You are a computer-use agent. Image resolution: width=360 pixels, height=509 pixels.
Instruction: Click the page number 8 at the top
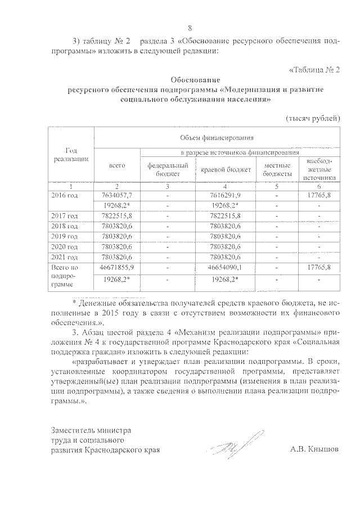[190, 28]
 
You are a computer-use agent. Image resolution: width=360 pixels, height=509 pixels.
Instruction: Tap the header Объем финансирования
[217, 137]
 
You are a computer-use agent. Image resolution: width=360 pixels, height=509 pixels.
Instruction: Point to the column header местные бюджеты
[277, 170]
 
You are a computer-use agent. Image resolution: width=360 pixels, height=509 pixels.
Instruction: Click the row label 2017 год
[65, 215]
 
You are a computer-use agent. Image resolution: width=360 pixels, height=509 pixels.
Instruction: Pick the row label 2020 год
[65, 246]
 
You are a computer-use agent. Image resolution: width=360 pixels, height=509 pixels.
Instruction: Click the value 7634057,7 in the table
[117, 194]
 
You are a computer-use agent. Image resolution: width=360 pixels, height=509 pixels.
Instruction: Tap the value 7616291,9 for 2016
[225, 194]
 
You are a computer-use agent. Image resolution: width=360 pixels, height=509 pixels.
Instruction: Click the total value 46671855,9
[117, 267]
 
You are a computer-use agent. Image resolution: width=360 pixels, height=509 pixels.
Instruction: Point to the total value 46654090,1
[225, 267]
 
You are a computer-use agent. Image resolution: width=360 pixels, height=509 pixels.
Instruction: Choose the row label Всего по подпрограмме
[65, 277]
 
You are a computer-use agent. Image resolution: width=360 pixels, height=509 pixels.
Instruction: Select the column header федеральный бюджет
[167, 170]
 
